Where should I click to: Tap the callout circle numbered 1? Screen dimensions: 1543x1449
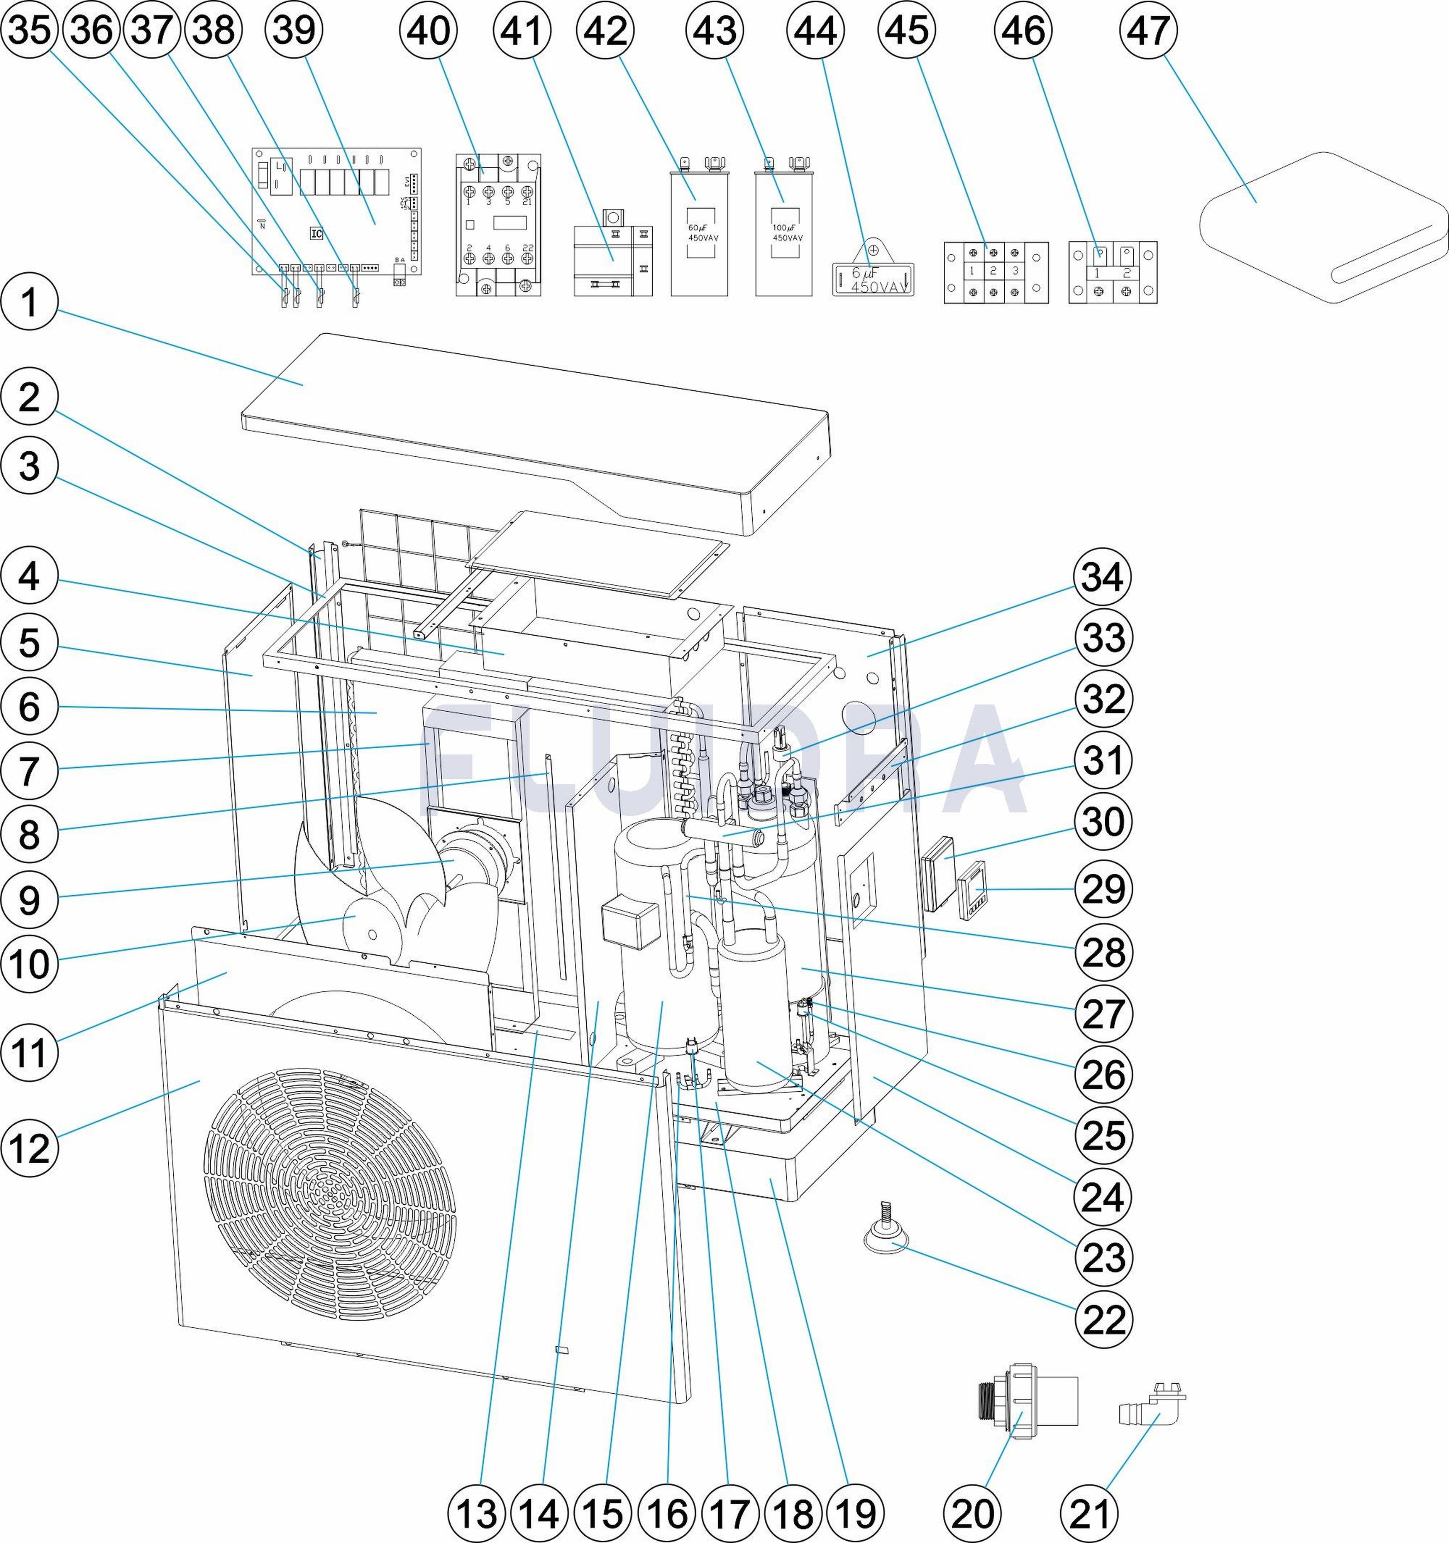click(29, 303)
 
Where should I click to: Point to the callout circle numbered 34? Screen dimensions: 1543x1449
click(1104, 578)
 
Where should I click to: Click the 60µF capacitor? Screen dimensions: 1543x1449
click(699, 233)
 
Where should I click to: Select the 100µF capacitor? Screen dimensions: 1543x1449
click(784, 233)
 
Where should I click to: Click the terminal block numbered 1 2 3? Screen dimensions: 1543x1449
click(995, 272)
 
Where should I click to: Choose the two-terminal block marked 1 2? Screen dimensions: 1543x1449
click(1112, 272)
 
